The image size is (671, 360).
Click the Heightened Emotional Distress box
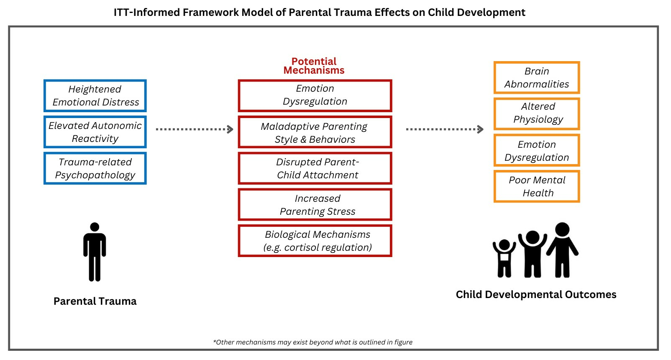click(x=95, y=95)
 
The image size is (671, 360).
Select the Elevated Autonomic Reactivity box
click(x=95, y=132)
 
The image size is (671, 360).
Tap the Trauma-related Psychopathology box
click(x=95, y=168)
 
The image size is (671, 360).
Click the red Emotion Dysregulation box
click(x=315, y=95)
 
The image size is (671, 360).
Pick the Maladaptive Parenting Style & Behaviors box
click(x=315, y=132)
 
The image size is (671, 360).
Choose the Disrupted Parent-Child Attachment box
click(x=315, y=168)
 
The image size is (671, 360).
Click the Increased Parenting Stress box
click(x=315, y=204)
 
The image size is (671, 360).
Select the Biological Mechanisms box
click(x=315, y=241)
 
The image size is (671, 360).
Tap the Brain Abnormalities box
click(x=537, y=77)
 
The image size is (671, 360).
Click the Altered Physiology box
click(x=537, y=114)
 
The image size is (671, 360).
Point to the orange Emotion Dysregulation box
click(x=537, y=150)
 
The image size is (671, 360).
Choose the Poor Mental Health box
click(x=537, y=186)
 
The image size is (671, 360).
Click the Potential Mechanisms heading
click(x=314, y=66)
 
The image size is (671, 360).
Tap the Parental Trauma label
click(x=95, y=301)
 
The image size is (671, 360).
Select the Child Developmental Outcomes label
click(x=536, y=295)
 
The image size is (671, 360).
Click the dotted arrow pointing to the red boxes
click(x=195, y=129)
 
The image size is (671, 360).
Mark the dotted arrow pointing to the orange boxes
click(x=445, y=129)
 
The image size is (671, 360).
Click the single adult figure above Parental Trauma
click(x=95, y=252)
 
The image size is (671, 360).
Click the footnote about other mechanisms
click(x=313, y=342)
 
